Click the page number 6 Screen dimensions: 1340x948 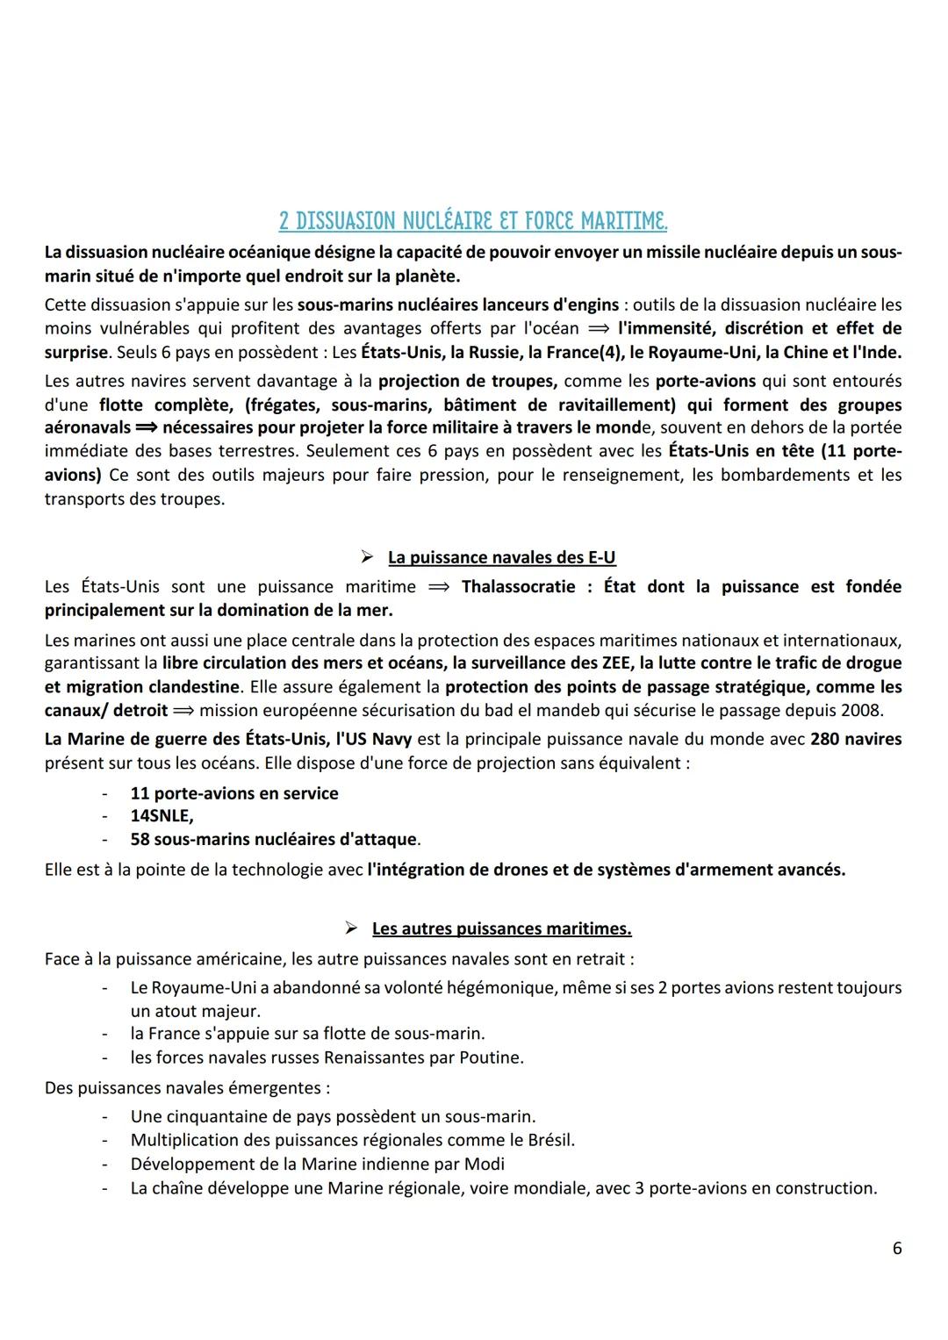coord(896,1248)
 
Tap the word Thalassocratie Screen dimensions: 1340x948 coord(519,586)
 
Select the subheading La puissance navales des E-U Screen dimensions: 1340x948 coord(507,557)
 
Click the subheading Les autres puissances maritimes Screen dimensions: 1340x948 coord(501,928)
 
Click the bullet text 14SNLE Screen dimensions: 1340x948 coord(162,816)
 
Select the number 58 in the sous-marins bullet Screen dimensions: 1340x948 coord(140,839)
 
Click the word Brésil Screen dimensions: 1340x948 coord(549,1140)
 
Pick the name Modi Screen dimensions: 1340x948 coord(487,1164)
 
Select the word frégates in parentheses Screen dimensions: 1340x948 coord(283,405)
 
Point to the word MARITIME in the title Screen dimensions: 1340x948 coord(615,220)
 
